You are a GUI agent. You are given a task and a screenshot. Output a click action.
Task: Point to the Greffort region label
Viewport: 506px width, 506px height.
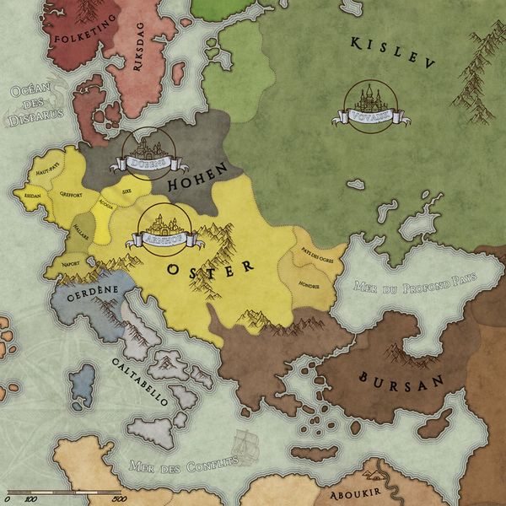coord(71,194)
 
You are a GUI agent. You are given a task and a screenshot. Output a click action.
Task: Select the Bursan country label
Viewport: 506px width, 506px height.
coord(401,379)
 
